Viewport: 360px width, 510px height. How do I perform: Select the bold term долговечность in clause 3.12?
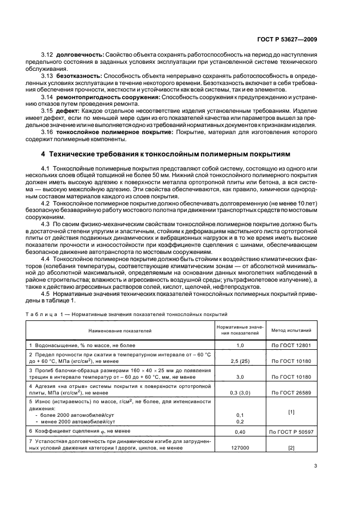point(78,56)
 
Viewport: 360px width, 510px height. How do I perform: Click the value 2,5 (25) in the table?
point(240,361)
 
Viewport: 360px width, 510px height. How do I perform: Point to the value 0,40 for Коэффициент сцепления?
point(240,431)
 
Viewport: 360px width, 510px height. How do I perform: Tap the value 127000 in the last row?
point(240,448)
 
